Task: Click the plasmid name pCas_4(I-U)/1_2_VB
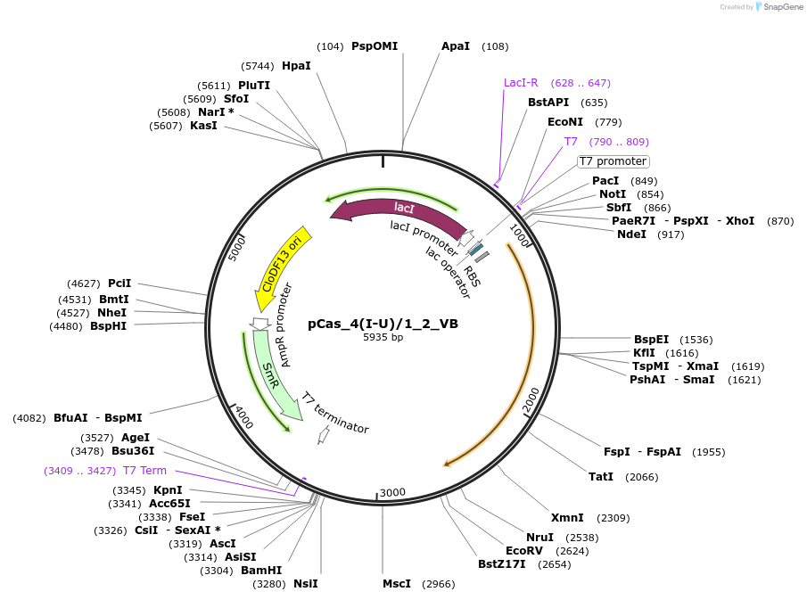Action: (x=383, y=324)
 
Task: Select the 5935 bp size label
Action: (x=383, y=338)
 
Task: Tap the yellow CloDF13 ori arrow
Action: (x=282, y=262)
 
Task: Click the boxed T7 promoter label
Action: (x=613, y=161)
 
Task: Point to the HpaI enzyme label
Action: (x=296, y=66)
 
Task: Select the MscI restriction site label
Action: (x=397, y=584)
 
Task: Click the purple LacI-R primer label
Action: (x=521, y=83)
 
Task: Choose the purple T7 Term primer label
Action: (x=144, y=471)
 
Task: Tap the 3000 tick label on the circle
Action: (x=392, y=492)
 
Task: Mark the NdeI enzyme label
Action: (x=631, y=234)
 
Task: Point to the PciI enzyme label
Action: (x=119, y=284)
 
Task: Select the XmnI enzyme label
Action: (x=567, y=518)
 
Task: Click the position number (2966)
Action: (x=437, y=584)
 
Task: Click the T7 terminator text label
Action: (x=334, y=414)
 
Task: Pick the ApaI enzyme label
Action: (x=456, y=46)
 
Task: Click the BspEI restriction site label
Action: (x=651, y=340)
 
